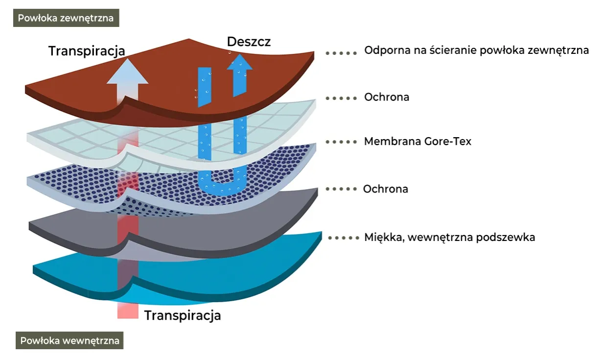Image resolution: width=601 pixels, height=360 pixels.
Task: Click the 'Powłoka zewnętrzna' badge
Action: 66,19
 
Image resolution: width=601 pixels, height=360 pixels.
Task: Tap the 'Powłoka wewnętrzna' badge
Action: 69,340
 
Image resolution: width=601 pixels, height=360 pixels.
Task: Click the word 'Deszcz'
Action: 249,42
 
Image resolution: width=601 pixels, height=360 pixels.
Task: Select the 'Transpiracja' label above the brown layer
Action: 87,51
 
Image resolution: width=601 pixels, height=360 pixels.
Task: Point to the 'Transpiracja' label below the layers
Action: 183,315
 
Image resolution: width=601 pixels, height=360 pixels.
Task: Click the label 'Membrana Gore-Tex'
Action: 417,142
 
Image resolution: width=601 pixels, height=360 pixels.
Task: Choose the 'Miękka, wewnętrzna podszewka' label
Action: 449,237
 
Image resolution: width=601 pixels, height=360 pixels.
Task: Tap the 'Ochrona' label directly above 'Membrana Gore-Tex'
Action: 386,97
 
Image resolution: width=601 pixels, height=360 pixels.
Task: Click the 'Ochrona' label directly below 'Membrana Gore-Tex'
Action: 385,189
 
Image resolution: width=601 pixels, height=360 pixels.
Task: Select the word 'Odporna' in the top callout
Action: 384,50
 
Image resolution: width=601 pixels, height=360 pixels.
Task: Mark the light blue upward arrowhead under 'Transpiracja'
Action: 127,72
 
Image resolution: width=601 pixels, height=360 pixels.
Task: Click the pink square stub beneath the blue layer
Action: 128,311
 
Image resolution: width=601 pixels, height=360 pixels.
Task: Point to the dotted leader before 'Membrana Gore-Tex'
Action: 341,142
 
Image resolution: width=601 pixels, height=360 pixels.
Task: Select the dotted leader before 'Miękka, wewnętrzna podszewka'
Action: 344,238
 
